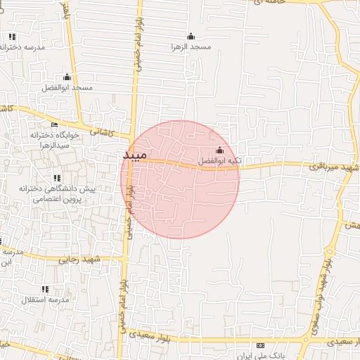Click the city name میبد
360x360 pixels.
point(134,155)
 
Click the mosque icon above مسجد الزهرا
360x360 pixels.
point(191,37)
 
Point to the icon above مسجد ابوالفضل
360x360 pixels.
point(67,77)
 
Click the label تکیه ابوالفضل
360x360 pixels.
point(219,161)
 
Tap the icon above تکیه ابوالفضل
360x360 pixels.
point(219,150)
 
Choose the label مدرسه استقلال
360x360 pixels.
point(44,300)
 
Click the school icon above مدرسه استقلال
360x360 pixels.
point(45,289)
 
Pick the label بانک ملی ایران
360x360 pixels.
point(262,356)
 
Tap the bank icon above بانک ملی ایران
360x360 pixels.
point(261,345)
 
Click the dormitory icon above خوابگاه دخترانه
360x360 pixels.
point(54,124)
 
